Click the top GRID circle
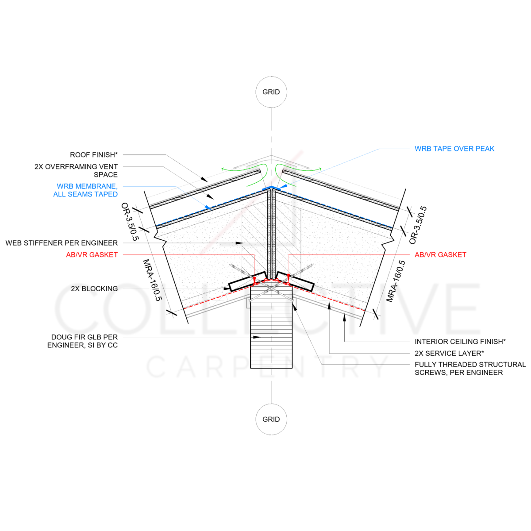(x=271, y=92)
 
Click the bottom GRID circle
(x=271, y=419)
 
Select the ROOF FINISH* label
(x=94, y=155)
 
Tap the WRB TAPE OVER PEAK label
(x=454, y=149)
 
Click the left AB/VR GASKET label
(x=92, y=254)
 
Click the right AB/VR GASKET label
(x=440, y=254)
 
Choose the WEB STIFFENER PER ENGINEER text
(x=62, y=243)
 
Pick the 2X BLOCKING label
(x=94, y=289)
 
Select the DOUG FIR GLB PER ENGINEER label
(x=83, y=341)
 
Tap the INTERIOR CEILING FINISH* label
(x=460, y=341)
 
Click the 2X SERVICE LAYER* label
(x=449, y=353)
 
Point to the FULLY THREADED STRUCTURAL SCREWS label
(x=470, y=368)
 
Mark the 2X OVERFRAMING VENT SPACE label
(x=76, y=170)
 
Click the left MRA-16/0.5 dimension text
(x=152, y=281)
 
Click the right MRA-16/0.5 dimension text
(x=396, y=281)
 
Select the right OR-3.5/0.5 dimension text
(x=418, y=225)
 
